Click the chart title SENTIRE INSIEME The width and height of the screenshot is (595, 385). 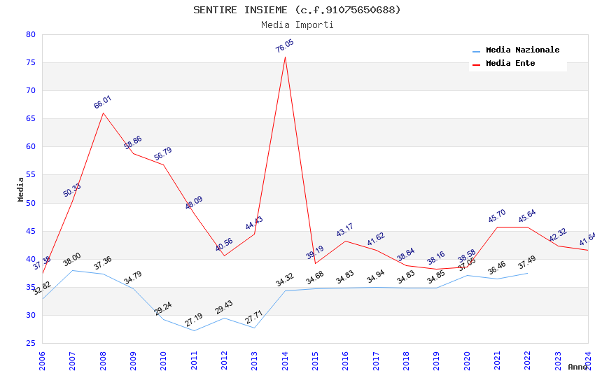[297, 10]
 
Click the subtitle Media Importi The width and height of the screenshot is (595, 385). [297, 25]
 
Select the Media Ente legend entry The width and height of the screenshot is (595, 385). [510, 64]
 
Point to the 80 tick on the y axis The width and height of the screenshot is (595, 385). [30, 34]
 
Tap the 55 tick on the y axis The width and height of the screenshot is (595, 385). [30, 175]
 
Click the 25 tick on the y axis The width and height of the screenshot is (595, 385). [30, 343]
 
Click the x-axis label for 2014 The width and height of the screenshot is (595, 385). [285, 360]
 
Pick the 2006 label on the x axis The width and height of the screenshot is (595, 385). [42, 360]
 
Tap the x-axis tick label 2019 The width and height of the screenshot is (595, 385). [436, 360]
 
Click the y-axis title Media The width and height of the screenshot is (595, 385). [21, 189]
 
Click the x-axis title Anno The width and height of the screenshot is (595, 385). [577, 367]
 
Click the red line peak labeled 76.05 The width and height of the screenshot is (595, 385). [285, 57]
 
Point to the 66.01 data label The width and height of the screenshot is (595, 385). [103, 102]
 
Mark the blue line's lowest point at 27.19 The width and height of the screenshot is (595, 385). [194, 330]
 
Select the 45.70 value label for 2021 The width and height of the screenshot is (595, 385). [497, 216]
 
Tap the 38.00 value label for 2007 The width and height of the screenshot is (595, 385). [72, 260]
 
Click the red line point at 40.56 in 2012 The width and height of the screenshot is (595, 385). [224, 255]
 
